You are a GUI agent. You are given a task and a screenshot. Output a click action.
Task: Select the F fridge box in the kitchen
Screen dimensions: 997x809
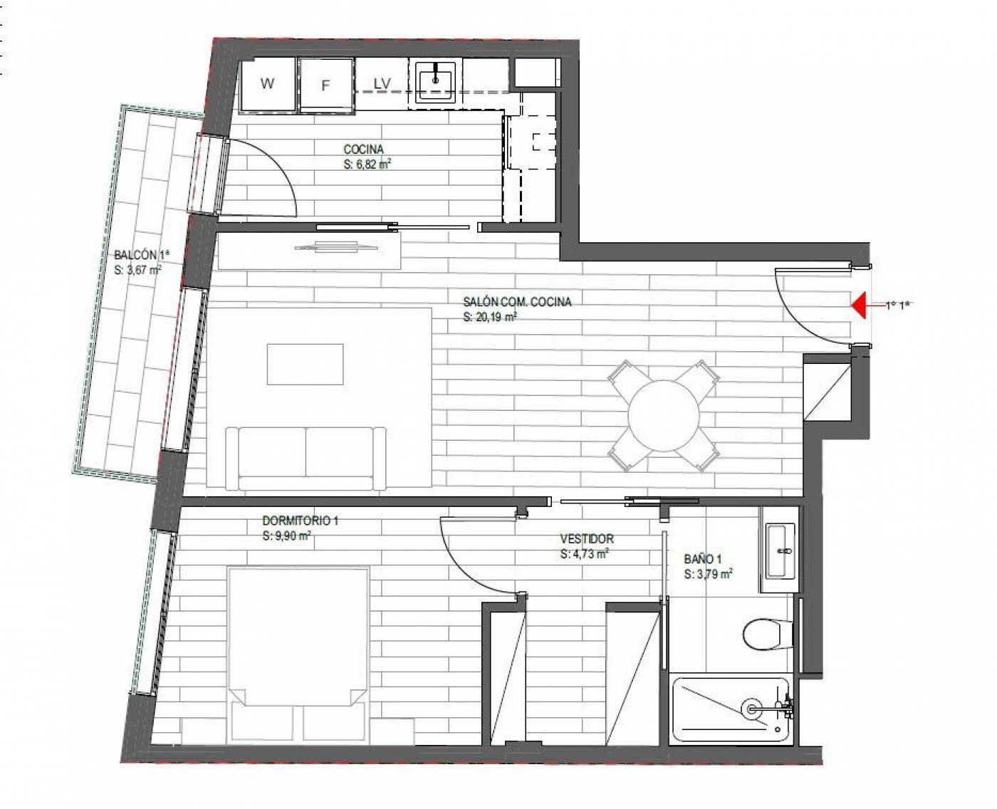[x=326, y=85]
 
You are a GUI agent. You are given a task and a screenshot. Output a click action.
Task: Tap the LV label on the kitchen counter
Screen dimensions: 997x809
[x=382, y=84]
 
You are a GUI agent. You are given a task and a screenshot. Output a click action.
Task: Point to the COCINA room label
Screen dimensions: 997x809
[x=363, y=150]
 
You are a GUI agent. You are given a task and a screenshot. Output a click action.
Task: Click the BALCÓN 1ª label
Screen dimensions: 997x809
[x=142, y=255]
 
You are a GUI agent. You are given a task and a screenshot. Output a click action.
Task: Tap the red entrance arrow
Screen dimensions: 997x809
[x=860, y=305]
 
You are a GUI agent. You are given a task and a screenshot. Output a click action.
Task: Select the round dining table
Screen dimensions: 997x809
[x=664, y=416]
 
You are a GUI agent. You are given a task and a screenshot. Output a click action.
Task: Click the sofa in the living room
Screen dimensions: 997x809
[x=306, y=459]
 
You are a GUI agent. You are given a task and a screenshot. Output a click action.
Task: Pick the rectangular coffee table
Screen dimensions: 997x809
[x=306, y=364]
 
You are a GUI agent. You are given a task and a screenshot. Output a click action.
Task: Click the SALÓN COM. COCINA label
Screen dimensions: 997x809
[x=517, y=302]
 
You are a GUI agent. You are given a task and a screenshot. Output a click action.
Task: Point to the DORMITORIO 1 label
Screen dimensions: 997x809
[x=300, y=521]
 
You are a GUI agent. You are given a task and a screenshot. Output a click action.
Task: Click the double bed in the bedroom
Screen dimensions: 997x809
[x=298, y=654]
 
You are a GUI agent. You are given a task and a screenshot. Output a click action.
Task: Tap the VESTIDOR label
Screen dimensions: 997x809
[x=587, y=538]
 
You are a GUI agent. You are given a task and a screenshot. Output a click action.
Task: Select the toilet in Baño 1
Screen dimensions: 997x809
[x=768, y=634]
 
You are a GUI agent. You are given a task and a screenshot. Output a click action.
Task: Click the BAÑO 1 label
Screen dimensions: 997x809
[x=703, y=558]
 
